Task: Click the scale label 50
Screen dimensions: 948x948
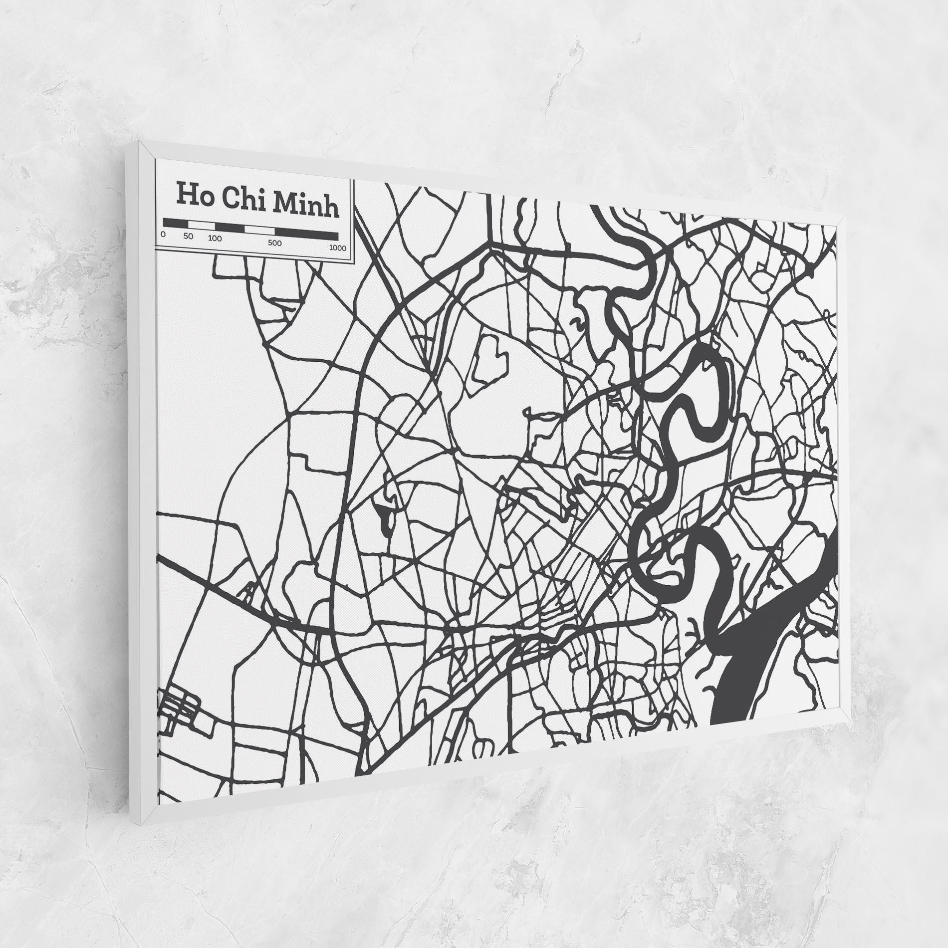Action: [x=188, y=236]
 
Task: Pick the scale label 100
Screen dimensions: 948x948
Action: [x=215, y=238]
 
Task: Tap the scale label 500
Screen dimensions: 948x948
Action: [x=274, y=243]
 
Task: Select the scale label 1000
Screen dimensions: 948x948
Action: [x=337, y=248]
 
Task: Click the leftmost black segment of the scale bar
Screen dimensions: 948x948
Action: [x=176, y=223]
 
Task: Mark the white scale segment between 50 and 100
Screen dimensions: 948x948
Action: [x=201, y=225]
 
